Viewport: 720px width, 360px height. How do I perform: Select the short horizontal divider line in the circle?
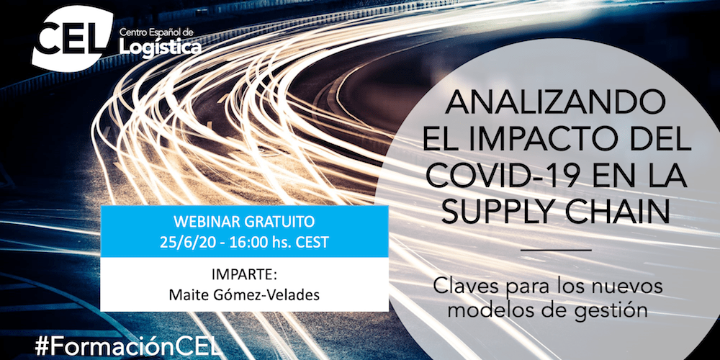point(554,249)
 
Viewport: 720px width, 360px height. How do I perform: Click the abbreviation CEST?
point(310,241)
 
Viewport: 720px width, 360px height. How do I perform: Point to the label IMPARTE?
point(244,275)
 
